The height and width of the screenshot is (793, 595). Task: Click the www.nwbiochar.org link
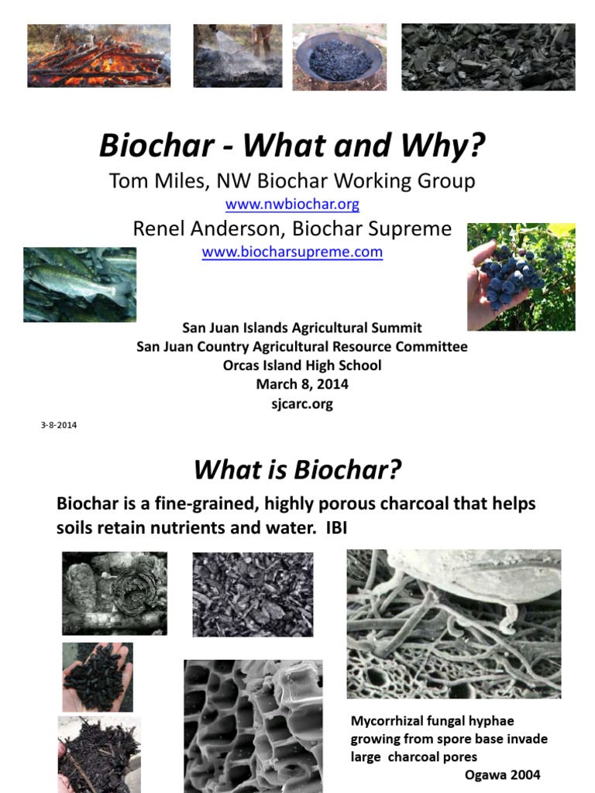[x=292, y=204]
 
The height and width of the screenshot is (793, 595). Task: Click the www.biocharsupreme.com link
[x=292, y=252]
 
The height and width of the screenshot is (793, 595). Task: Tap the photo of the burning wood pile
[x=98, y=56]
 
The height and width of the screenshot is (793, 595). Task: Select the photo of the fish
[x=80, y=284]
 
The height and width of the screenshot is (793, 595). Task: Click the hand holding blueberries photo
[x=521, y=276]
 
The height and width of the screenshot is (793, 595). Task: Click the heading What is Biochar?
[x=297, y=469]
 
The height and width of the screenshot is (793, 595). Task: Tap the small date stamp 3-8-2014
[x=58, y=425]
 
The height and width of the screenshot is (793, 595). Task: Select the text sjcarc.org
[x=301, y=404]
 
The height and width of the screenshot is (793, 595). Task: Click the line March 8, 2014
[x=301, y=384]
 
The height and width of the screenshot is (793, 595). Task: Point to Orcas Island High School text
[x=301, y=366]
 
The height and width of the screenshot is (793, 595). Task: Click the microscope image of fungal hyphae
[x=453, y=623]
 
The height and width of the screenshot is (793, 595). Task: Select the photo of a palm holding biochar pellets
[x=97, y=677]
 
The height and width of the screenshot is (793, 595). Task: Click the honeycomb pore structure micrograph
[x=253, y=726]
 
